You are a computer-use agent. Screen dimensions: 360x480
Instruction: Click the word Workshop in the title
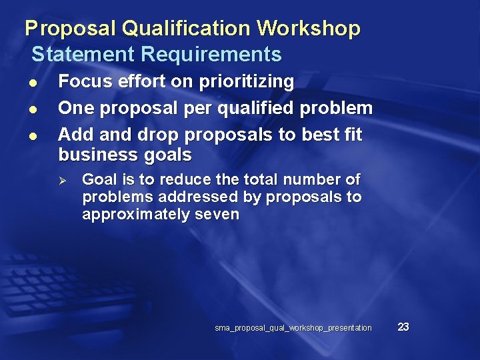click(x=308, y=29)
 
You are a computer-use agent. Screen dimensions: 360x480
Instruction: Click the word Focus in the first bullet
click(x=85, y=82)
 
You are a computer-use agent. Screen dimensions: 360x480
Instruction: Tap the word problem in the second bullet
click(x=337, y=108)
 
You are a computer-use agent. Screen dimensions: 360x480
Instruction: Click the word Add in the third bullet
click(x=73, y=135)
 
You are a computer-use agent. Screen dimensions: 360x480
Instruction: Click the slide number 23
click(x=403, y=327)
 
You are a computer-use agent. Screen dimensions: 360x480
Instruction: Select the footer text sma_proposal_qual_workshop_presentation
click(x=293, y=328)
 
